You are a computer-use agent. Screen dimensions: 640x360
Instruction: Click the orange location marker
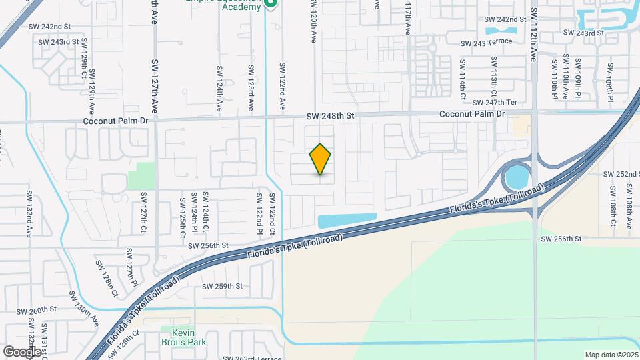321,159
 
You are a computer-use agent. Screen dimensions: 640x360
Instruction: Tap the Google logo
22,351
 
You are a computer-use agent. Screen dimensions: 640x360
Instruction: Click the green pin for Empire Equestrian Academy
271,5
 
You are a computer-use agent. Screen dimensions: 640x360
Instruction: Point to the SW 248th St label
329,116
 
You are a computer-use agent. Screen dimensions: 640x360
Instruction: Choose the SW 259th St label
223,286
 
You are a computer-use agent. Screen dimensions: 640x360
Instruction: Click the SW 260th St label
36,311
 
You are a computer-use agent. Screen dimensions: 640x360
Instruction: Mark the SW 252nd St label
620,173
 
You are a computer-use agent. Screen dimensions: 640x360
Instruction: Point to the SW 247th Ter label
495,103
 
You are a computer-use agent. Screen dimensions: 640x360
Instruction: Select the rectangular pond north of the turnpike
347,220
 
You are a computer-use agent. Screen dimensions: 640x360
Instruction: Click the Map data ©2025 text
610,355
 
